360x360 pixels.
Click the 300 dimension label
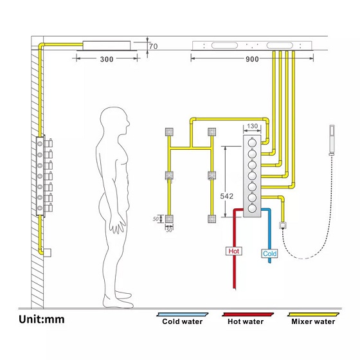coord(107,59)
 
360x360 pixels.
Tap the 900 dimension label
coord(252,59)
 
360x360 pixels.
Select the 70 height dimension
coord(154,46)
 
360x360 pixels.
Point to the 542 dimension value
coord(226,196)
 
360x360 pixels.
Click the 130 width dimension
coord(252,126)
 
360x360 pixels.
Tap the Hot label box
coord(234,251)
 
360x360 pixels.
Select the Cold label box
coord(269,253)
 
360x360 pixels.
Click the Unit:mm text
coord(42,319)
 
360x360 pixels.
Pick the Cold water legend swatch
coord(183,314)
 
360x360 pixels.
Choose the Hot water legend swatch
coord(248,314)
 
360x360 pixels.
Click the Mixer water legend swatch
coord(313,314)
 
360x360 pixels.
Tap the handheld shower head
coord(332,139)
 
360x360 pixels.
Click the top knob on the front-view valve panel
coord(252,143)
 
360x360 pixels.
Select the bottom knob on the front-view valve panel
coord(252,208)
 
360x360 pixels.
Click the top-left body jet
coord(169,132)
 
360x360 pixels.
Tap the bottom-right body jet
coord(212,219)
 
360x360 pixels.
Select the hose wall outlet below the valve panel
coord(283,225)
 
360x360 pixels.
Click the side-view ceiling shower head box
coord(107,46)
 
